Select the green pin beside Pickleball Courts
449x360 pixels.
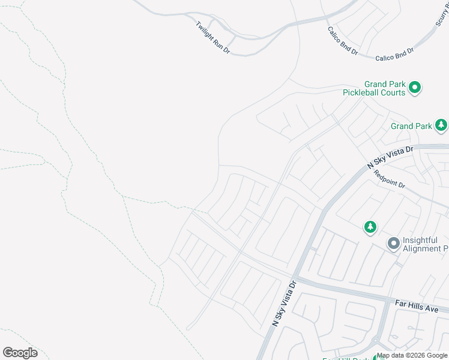click(x=415, y=88)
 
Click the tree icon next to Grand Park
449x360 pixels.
click(x=442, y=125)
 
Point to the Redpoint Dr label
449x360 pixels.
click(x=389, y=179)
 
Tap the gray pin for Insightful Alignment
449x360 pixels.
click(x=393, y=244)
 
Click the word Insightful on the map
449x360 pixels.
click(x=421, y=240)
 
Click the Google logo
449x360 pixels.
click(x=20, y=353)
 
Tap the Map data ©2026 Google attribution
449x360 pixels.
click(x=412, y=355)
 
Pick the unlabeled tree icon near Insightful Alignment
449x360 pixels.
click(x=370, y=227)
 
